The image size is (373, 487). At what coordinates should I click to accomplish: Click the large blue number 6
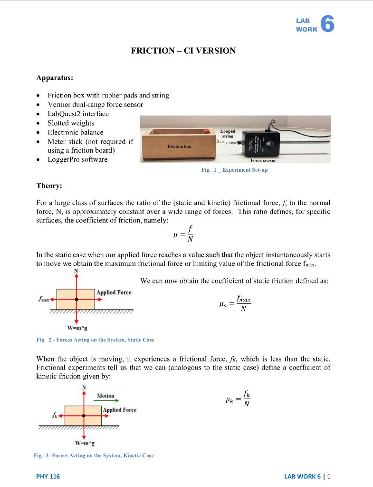[x=327, y=24]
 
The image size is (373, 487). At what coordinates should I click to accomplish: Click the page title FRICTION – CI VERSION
[x=183, y=51]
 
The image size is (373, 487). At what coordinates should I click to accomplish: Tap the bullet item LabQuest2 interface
[x=78, y=114]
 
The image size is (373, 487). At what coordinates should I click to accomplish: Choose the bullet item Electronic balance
[x=76, y=132]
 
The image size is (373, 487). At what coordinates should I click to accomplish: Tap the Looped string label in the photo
[x=228, y=134]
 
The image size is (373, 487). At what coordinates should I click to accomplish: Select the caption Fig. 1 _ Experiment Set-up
[x=234, y=170]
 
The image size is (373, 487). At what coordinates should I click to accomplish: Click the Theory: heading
[x=49, y=186]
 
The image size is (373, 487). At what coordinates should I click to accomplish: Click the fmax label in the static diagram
[x=44, y=300]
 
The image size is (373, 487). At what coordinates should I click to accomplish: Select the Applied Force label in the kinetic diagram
[x=120, y=410]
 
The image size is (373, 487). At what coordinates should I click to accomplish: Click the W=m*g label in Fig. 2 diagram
[x=77, y=328]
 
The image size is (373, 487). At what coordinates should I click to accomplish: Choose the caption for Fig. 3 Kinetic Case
[x=94, y=455]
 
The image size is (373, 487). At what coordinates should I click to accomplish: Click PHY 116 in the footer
[x=48, y=476]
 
